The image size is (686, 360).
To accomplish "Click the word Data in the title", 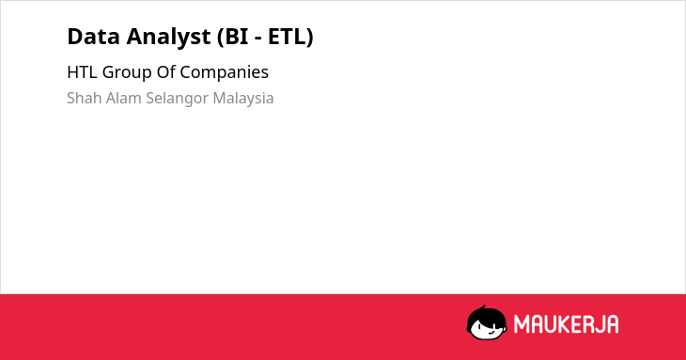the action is click(x=94, y=37).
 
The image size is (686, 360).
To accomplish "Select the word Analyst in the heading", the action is click(x=168, y=38).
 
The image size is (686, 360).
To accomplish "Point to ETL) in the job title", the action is click(x=290, y=38).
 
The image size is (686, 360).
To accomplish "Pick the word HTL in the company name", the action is click(x=82, y=72).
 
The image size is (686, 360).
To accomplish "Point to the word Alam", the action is click(x=124, y=98).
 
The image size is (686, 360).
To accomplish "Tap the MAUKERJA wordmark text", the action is click(x=566, y=324).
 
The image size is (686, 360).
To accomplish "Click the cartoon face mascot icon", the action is click(x=487, y=323).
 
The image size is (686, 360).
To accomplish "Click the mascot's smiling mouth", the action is click(x=491, y=333).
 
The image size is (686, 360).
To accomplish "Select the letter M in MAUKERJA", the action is click(x=522, y=324).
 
